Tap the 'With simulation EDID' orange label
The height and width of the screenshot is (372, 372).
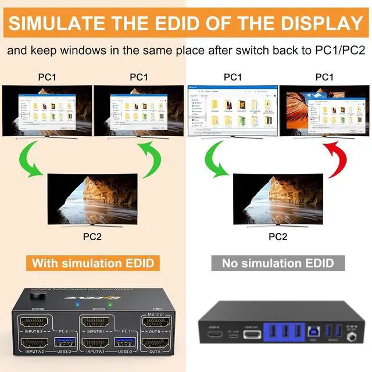(93, 263)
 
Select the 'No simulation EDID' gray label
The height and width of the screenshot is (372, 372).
(278, 263)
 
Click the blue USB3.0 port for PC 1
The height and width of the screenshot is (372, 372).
(124, 342)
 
